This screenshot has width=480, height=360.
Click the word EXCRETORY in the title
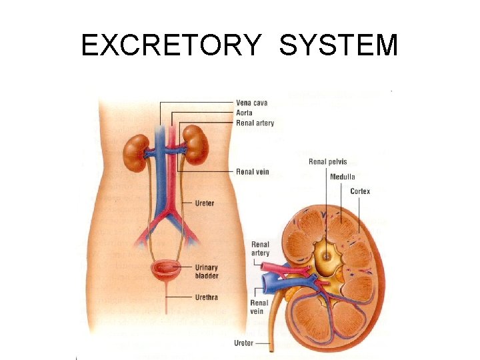171,46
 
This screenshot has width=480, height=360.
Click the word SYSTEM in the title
339,46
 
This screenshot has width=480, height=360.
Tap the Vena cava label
253,103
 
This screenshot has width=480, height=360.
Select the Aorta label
245,113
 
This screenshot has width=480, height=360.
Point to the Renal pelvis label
328,162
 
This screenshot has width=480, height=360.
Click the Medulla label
343,177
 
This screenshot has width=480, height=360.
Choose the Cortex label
360,191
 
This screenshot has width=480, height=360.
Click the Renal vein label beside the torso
253,172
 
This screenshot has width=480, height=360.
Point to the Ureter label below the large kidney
243,343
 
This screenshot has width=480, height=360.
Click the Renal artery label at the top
255,123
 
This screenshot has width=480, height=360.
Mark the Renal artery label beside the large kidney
260,249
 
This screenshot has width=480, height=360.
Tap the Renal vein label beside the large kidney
260,307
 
